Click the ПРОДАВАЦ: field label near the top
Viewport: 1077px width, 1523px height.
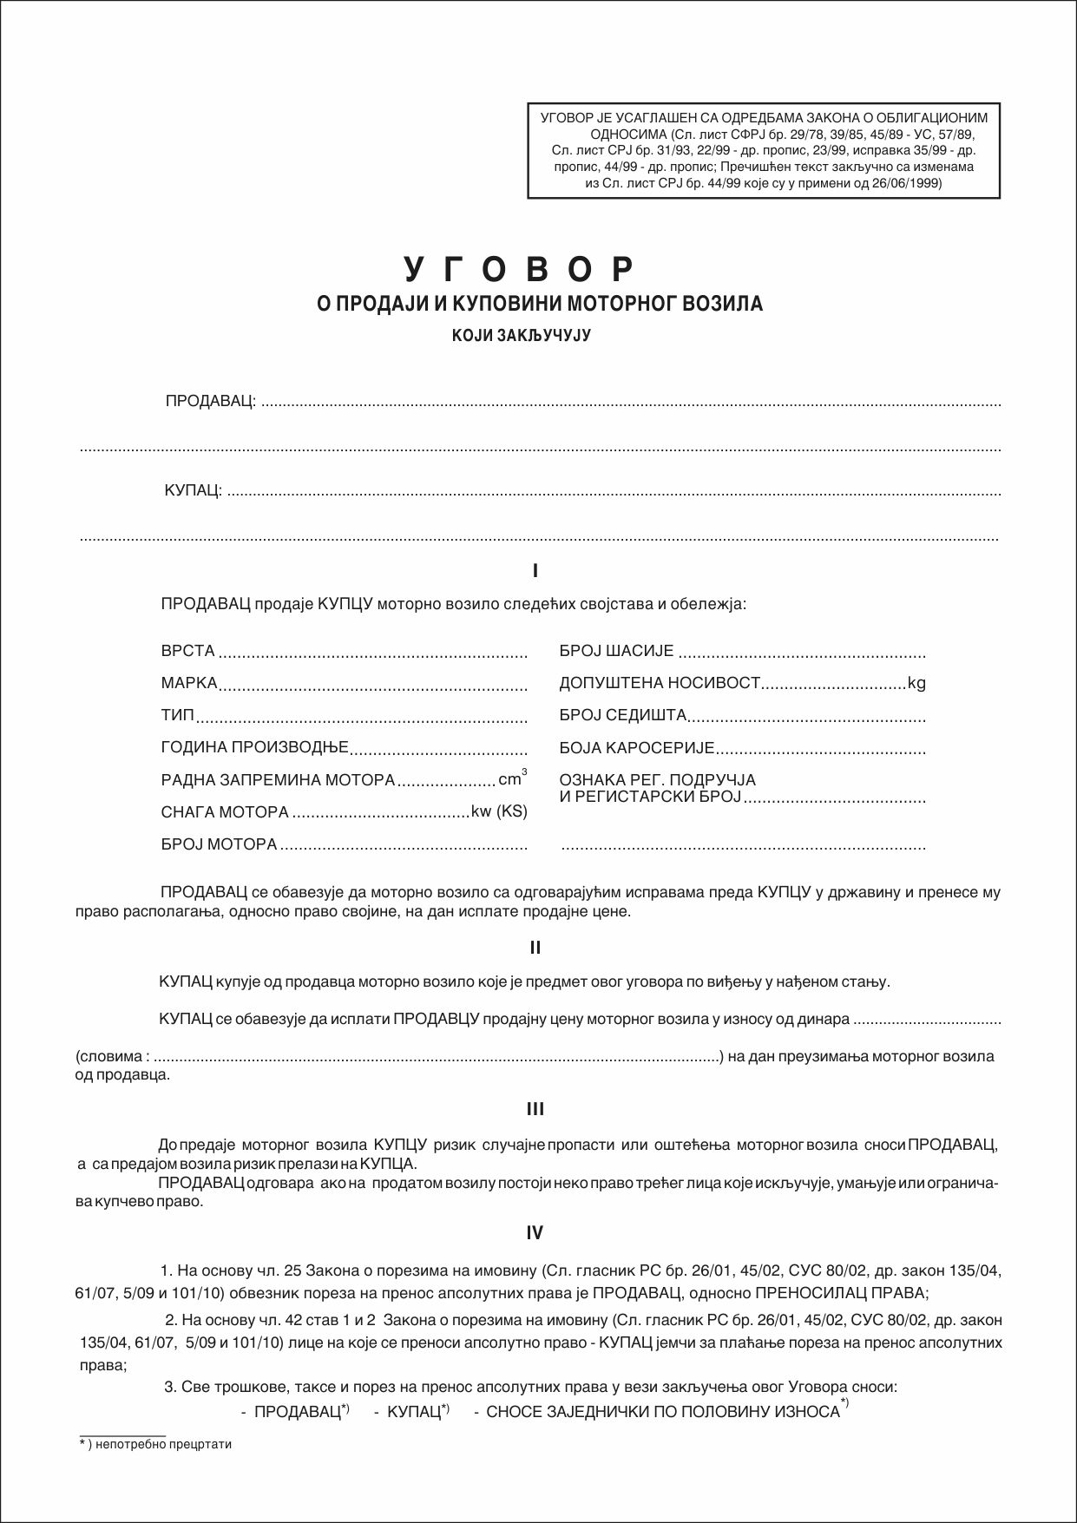click(x=210, y=401)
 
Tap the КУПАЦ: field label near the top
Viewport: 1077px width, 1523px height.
click(x=193, y=491)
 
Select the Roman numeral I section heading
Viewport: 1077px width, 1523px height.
click(x=535, y=571)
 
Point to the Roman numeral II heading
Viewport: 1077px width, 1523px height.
click(x=535, y=947)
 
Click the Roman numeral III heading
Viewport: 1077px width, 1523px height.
click(x=535, y=1109)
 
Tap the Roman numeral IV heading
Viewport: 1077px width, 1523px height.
click(x=535, y=1232)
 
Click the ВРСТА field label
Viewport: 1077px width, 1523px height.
click(x=187, y=651)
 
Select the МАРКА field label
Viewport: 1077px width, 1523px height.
click(x=189, y=683)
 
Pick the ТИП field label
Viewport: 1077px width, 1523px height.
click(x=178, y=716)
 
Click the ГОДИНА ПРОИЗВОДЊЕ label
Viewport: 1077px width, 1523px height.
click(x=254, y=747)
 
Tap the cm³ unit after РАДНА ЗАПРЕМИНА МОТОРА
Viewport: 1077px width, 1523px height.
click(x=511, y=778)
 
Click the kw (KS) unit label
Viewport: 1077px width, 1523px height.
click(x=499, y=811)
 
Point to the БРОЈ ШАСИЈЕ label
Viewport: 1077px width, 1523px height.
click(x=616, y=651)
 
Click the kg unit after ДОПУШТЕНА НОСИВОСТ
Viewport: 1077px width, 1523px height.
click(x=916, y=683)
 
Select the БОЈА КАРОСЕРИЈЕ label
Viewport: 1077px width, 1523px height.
click(x=636, y=747)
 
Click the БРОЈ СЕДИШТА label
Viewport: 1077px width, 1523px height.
click(x=623, y=716)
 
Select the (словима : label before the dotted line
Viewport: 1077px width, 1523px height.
click(x=113, y=1056)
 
